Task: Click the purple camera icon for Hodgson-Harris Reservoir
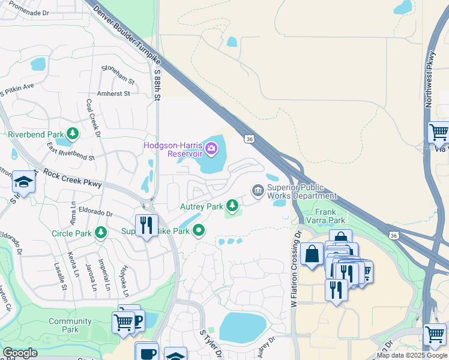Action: coord(211,148)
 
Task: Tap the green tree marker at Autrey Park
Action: coord(232,206)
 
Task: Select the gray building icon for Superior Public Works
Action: coord(258,191)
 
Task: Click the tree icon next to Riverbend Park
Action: coord(73,133)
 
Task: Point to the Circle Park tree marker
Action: coord(101,232)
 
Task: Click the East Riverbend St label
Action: coord(71,153)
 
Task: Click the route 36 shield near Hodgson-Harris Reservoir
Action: coord(249,139)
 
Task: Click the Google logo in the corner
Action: coord(20,353)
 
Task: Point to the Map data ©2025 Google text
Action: coord(412,355)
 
